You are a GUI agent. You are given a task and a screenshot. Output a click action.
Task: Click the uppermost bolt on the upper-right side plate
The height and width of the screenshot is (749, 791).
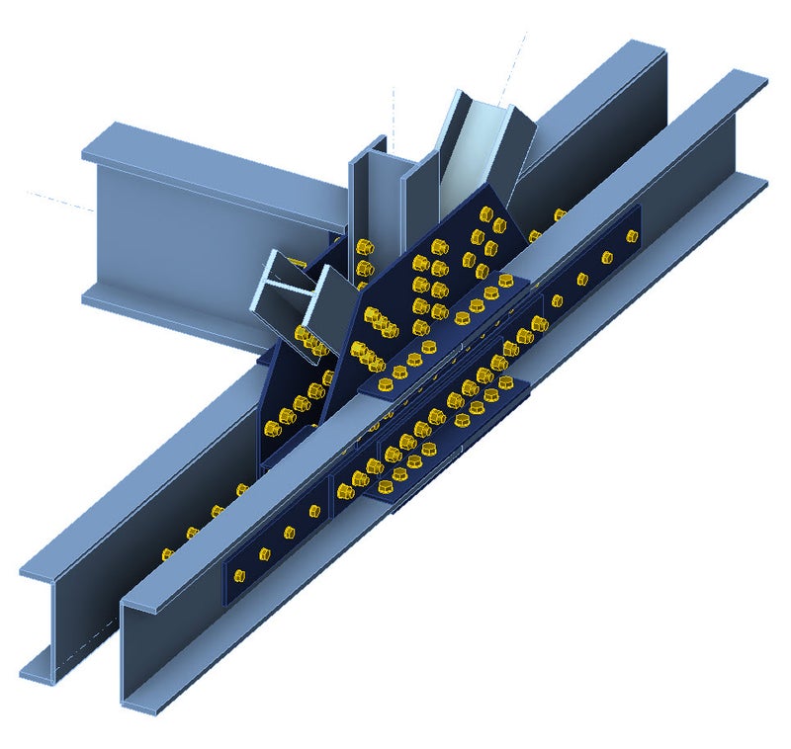[x=632, y=235]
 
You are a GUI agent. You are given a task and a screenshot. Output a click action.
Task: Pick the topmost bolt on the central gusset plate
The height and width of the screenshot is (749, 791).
[x=484, y=211]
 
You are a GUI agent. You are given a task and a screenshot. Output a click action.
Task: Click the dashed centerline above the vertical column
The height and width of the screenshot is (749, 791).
[x=394, y=104]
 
